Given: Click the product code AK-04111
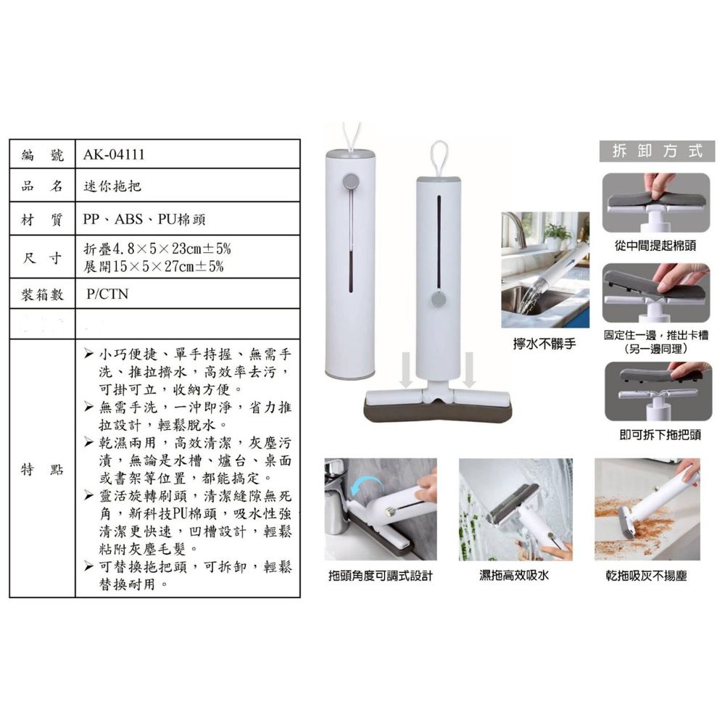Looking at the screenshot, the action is tap(114, 154).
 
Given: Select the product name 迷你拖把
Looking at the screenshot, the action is tap(112, 186).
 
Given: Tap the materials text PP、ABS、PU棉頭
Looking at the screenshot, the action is tap(144, 219).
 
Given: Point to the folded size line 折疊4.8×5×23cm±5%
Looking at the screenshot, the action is tap(157, 249).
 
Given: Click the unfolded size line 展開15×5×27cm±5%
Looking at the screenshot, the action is tap(154, 266).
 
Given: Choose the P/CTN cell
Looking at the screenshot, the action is tap(107, 294).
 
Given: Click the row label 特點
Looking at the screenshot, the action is tap(42, 469).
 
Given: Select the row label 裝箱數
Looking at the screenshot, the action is tap(42, 294).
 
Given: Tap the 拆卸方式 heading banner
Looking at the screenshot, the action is tap(657, 151).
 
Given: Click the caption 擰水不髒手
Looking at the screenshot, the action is tap(544, 344).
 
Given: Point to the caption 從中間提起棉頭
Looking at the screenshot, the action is tap(655, 246).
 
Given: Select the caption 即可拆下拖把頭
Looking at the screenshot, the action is tap(660, 434).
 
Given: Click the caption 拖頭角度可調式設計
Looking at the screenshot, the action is tap(381, 576).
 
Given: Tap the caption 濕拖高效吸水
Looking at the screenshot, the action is tap(514, 575).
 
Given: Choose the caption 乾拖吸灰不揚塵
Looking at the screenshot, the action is tap(647, 576).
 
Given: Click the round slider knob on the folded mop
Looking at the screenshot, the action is tap(352, 181).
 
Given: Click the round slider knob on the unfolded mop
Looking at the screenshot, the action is tap(439, 299).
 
